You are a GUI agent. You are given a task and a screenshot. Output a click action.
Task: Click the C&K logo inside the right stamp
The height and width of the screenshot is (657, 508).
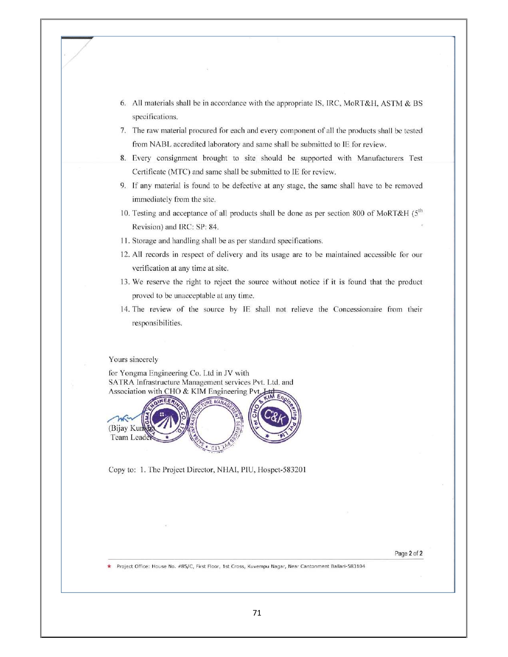click(x=275, y=418)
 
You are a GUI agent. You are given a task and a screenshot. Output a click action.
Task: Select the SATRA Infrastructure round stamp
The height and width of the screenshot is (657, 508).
click(x=217, y=424)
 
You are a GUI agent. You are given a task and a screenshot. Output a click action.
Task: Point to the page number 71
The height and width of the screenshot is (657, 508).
click(x=257, y=613)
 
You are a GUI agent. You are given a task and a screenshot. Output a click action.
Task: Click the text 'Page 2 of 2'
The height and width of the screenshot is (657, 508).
click(x=408, y=553)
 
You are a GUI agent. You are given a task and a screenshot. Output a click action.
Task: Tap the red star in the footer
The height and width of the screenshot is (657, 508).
click(x=109, y=566)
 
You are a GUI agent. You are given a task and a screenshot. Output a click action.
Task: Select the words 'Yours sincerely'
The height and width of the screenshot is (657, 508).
click(x=133, y=360)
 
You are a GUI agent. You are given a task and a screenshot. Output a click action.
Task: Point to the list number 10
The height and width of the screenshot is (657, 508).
click(x=125, y=213)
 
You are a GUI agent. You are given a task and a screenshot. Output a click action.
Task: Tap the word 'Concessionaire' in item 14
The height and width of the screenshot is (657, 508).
click(x=357, y=309)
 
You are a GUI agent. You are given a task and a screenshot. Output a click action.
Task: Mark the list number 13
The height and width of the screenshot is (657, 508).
click(x=125, y=282)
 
